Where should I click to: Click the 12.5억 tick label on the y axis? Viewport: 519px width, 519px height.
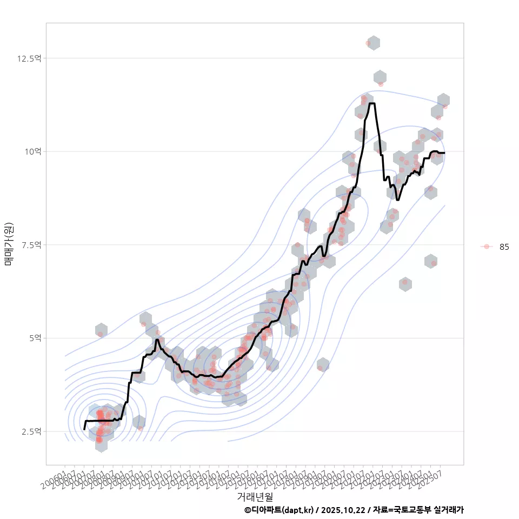[30, 58]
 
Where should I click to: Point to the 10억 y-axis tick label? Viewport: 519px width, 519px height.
[33, 152]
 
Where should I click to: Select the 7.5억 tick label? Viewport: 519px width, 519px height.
[31, 245]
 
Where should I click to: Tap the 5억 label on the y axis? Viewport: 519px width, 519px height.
[35, 338]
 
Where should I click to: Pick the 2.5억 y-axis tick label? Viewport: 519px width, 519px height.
[31, 432]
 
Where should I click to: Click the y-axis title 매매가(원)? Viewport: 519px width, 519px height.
[9, 244]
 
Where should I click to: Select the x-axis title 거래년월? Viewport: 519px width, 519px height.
[255, 496]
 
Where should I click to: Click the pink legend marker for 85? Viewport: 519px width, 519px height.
[487, 247]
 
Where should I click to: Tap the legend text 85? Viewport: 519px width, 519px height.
[504, 247]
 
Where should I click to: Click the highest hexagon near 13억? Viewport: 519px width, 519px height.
[374, 43]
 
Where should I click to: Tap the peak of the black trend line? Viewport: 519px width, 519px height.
[372, 103]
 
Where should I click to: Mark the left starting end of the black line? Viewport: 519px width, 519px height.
[84, 429]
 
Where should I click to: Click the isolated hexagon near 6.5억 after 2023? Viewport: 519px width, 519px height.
[405, 284]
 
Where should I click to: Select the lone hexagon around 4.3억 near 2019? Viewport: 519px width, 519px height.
[323, 364]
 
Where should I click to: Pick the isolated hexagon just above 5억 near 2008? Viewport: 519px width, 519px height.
[101, 330]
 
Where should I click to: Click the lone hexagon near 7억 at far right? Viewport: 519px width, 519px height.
[431, 261]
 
